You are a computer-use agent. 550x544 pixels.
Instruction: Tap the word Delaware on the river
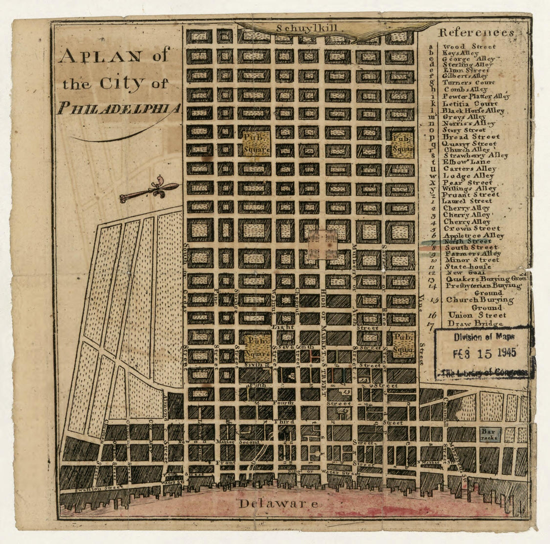[x=277, y=503]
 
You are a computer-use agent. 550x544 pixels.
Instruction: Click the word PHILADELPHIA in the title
[x=119, y=108]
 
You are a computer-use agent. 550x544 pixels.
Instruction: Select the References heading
[x=476, y=33]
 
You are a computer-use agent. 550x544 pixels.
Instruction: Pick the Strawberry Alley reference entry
[x=475, y=155]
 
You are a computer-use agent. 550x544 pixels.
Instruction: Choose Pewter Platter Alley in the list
[x=476, y=96]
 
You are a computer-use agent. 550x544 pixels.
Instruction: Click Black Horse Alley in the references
[x=472, y=110]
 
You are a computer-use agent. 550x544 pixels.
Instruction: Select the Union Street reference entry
[x=469, y=315]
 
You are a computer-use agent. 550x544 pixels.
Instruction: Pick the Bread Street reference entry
[x=471, y=136]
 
